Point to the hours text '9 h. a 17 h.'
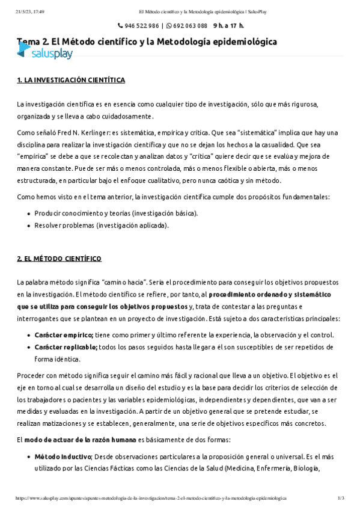click(227, 26)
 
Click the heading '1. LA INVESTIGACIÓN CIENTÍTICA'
click(71, 79)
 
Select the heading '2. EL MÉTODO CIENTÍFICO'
click(59, 259)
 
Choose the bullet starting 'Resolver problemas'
click(102, 226)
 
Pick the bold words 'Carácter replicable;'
click(66, 347)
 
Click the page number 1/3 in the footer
click(341, 499)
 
